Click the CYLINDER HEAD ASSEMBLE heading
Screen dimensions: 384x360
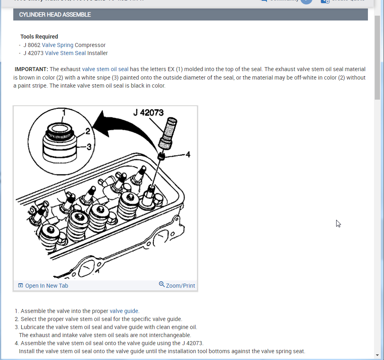point(55,14)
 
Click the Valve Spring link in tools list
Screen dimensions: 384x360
point(57,45)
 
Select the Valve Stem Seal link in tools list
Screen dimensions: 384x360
point(65,53)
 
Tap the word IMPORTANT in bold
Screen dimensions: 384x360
point(31,70)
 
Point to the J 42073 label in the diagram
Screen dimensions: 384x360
point(148,112)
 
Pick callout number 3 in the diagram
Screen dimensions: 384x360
point(89,147)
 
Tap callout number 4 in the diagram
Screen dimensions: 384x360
point(188,154)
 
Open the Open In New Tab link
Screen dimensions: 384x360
point(47,286)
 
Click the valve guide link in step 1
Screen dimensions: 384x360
point(124,311)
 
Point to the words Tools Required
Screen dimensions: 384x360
point(39,37)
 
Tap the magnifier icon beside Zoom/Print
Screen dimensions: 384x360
point(162,284)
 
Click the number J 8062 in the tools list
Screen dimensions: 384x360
point(32,45)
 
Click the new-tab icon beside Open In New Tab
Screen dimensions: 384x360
point(21,286)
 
